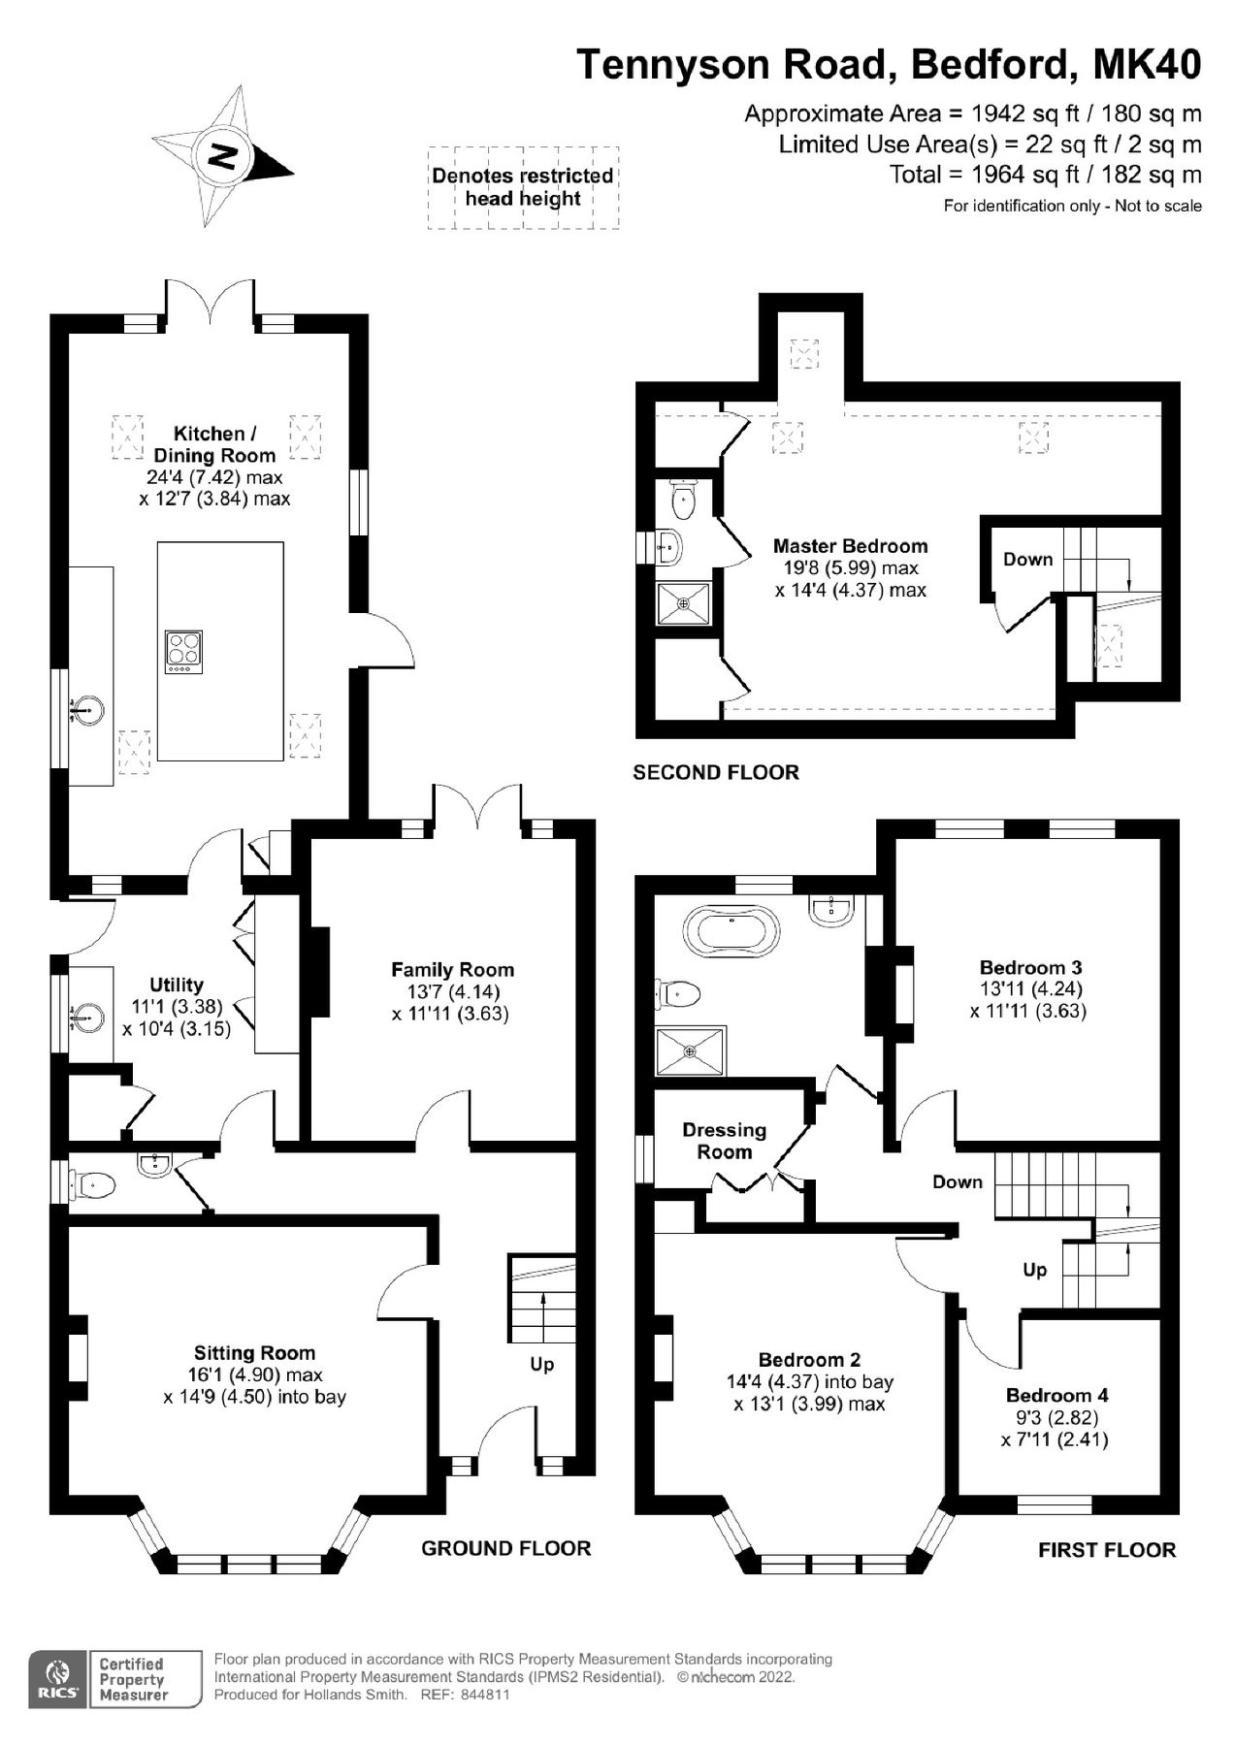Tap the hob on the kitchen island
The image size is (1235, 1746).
click(184, 652)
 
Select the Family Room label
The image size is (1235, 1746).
click(452, 969)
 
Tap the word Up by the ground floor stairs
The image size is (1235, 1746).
click(541, 1364)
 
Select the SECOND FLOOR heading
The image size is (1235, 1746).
click(715, 772)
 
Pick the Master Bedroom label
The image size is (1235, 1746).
click(850, 546)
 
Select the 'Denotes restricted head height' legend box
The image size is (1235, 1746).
click(523, 187)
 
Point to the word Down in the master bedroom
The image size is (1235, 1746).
click(1027, 559)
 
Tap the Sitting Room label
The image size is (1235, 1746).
click(254, 1352)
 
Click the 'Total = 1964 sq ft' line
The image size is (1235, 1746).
click(1045, 175)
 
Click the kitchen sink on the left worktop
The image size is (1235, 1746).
click(88, 711)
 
